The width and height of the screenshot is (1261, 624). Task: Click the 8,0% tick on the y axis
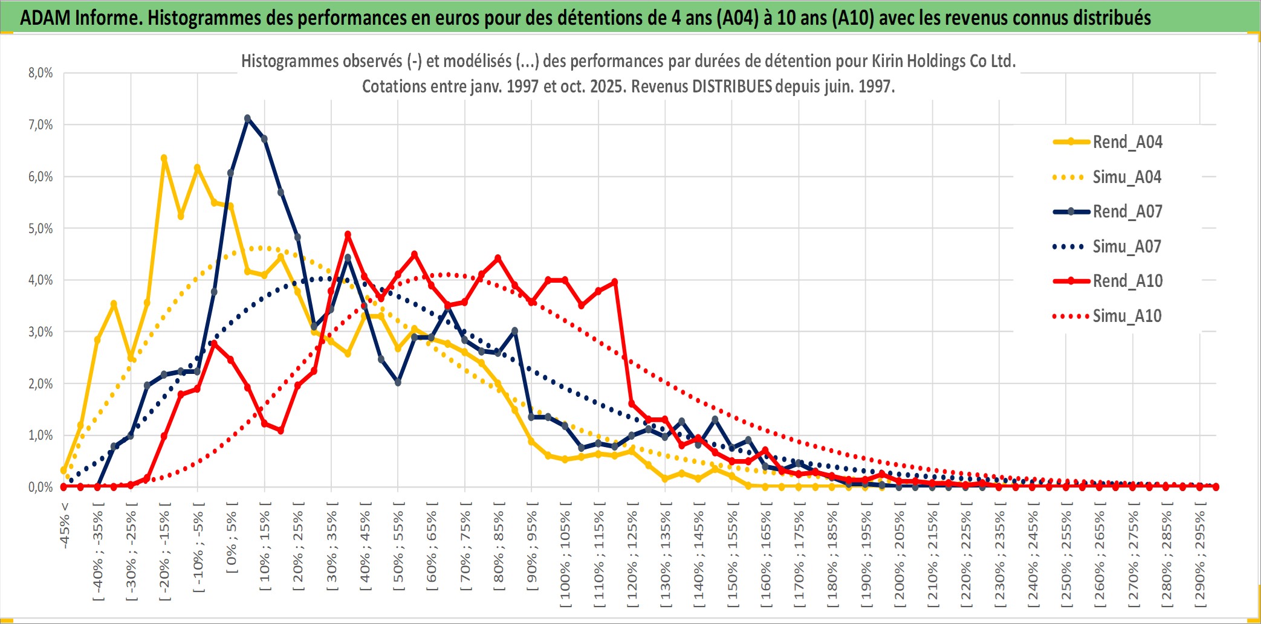[41, 73]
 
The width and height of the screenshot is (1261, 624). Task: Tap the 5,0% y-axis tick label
[41, 228]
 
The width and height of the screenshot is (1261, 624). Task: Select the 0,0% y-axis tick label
[41, 487]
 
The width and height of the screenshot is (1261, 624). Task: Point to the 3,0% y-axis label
[41, 332]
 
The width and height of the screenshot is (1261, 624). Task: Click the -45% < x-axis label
[65, 526]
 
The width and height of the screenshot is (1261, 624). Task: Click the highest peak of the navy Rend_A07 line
[247, 118]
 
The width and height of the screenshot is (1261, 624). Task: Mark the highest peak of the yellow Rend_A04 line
[164, 158]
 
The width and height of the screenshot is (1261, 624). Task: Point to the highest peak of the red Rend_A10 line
[348, 234]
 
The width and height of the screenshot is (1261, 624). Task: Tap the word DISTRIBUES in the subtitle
[731, 86]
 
